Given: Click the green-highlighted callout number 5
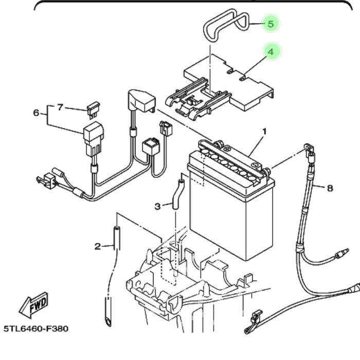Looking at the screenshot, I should (x=271, y=24).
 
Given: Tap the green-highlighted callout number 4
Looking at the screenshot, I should (x=271, y=51).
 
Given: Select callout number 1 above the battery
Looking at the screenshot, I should (x=264, y=132).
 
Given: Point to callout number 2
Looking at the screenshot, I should (x=98, y=246).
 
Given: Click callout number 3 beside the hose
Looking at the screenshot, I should (x=157, y=206).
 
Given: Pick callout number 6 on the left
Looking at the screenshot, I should (x=36, y=113).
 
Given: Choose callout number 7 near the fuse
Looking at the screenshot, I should (x=60, y=107).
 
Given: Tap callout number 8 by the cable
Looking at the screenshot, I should (x=330, y=188).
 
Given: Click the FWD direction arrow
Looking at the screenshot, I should (x=34, y=304).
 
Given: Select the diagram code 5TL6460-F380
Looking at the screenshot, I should (x=36, y=328).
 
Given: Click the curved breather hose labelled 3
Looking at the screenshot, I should (x=178, y=193).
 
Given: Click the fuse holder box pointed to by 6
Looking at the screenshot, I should (x=94, y=135).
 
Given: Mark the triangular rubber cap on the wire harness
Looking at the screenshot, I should (x=141, y=100).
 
